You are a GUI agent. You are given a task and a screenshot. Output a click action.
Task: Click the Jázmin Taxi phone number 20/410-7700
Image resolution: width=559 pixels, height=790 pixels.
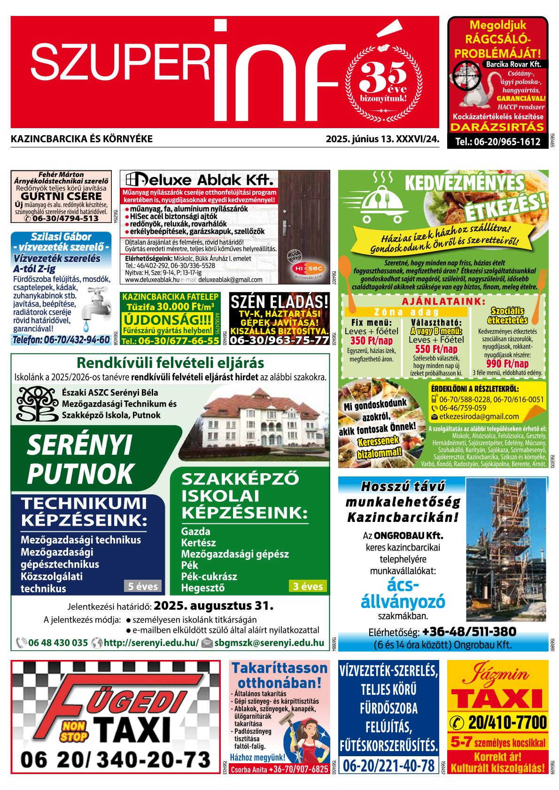tap(502, 721)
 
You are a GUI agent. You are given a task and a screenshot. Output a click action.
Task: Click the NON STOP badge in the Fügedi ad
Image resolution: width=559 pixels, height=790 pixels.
tap(74, 731)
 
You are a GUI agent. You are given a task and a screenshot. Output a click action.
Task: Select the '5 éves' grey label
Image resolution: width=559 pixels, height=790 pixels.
tap(143, 586)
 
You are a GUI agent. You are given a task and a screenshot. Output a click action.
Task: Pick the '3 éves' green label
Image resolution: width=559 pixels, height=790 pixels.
tap(308, 586)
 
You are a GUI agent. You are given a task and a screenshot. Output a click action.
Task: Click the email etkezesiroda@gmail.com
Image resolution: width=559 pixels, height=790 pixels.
tap(479, 416)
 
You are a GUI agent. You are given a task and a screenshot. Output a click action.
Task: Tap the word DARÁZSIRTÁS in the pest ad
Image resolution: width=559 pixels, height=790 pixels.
tap(498, 127)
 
